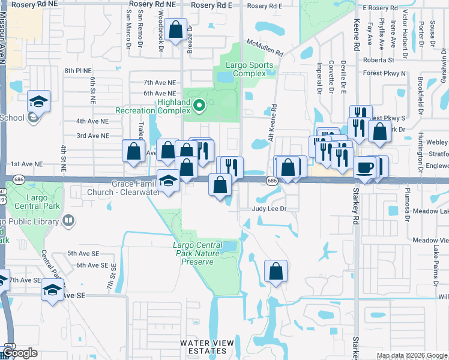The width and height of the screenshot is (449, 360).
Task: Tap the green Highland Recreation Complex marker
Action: [202, 107]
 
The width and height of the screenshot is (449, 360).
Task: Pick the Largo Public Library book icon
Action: [68, 222]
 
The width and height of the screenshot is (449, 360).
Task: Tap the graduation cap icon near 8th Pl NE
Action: [38, 101]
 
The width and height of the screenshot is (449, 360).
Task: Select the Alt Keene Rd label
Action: [274, 120]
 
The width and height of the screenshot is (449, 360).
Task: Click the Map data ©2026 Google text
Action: [412, 356]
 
